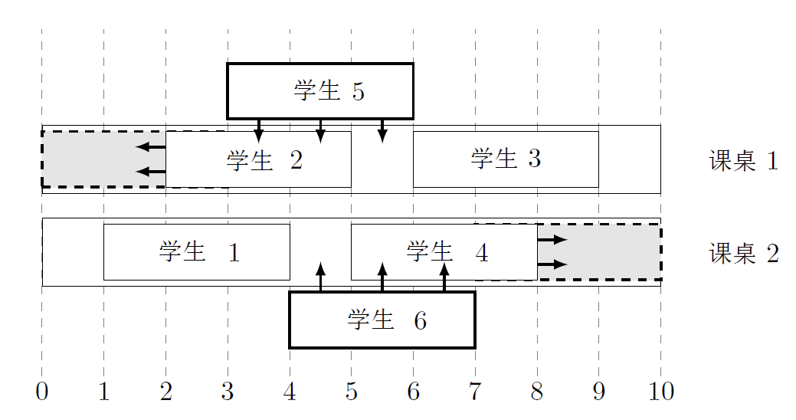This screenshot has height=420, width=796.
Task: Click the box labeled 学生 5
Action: tap(319, 90)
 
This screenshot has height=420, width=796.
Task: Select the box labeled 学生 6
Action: tap(382, 320)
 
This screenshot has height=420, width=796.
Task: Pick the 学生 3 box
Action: tap(506, 159)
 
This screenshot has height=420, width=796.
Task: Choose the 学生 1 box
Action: tap(197, 251)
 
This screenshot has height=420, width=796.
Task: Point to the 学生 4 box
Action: tap(444, 251)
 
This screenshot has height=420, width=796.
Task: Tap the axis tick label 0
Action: tap(42, 392)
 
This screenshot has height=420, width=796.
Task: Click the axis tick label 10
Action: tap(660, 392)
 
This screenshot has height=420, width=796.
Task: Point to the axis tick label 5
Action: tap(351, 392)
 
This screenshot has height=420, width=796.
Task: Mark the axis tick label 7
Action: tap(475, 392)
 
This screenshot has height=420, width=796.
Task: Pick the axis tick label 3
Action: tap(228, 392)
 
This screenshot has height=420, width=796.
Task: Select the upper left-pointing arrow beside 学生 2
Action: tap(150, 146)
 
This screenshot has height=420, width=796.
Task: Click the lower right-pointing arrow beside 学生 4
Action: tap(552, 264)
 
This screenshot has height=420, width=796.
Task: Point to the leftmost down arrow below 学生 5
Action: tap(259, 130)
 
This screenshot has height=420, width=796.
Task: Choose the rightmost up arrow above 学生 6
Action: tap(444, 277)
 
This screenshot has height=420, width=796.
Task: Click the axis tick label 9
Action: tap(598, 392)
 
